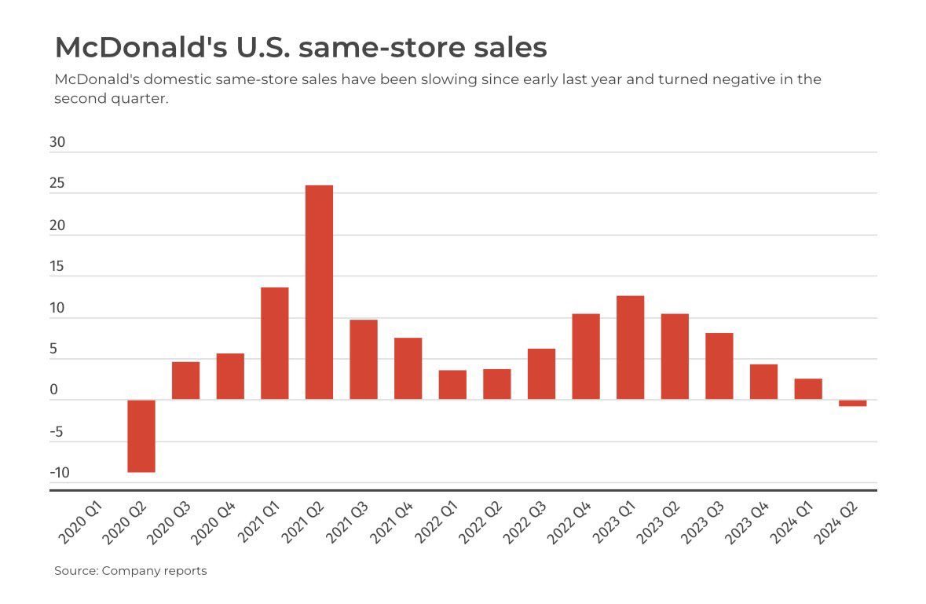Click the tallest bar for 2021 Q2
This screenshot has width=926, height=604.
click(319, 292)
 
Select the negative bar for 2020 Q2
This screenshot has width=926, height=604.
click(141, 436)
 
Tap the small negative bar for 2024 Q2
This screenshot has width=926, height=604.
click(852, 403)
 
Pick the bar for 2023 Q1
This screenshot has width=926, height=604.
click(630, 347)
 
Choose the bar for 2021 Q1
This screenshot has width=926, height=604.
click(274, 343)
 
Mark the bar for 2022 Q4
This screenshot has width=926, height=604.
click(586, 357)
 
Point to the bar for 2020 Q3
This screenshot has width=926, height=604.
click(185, 380)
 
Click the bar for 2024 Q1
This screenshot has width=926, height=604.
click(808, 389)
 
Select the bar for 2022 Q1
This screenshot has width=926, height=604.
click(452, 385)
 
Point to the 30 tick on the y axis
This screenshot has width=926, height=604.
click(57, 143)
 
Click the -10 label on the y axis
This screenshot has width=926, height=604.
click(59, 473)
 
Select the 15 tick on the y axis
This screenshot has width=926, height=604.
click(57, 267)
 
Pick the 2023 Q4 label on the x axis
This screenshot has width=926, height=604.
click(746, 524)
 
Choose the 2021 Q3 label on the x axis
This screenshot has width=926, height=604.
click(346, 524)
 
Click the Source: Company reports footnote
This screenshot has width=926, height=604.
click(130, 571)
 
